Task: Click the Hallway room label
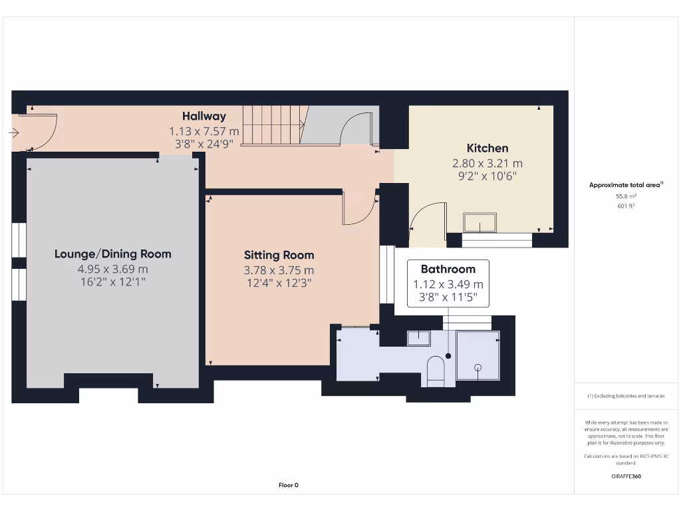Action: (204, 116)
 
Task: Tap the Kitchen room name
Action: (487, 148)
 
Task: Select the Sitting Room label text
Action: (279, 255)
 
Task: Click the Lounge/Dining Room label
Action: (112, 254)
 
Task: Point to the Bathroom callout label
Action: (448, 269)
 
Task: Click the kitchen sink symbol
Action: (480, 222)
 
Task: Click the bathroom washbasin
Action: (418, 338)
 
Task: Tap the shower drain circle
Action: (477, 367)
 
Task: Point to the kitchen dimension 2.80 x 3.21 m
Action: (487, 163)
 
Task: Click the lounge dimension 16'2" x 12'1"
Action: (112, 282)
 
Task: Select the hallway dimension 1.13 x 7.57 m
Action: (204, 131)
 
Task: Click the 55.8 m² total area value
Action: (626, 197)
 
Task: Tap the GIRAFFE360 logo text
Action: (626, 476)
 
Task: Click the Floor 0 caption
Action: (289, 485)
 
